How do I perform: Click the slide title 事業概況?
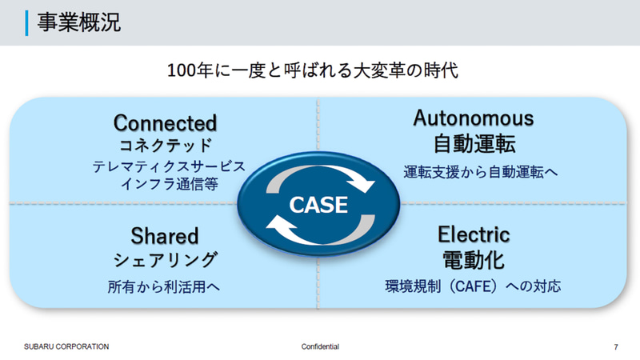pyautogui.click(x=78, y=22)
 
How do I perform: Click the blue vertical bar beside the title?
pyautogui.click(x=28, y=22)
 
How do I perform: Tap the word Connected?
pyautogui.click(x=165, y=122)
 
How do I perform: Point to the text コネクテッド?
pyautogui.click(x=165, y=145)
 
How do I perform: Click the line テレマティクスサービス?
pyautogui.click(x=168, y=167)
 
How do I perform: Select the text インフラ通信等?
pyautogui.click(x=166, y=185)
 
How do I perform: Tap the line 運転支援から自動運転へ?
pyautogui.click(x=473, y=171)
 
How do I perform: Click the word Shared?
pyautogui.click(x=164, y=235)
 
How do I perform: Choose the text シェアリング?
pyautogui.click(x=164, y=259)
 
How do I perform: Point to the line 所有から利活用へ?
pyautogui.click(x=164, y=285)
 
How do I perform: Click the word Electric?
pyautogui.click(x=473, y=234)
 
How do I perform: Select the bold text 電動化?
pyautogui.click(x=473, y=259)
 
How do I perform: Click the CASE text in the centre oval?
pyautogui.click(x=318, y=205)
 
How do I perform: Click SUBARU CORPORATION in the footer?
pyautogui.click(x=66, y=346)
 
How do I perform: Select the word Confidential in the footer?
pyautogui.click(x=320, y=346)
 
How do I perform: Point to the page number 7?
pyautogui.click(x=615, y=346)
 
